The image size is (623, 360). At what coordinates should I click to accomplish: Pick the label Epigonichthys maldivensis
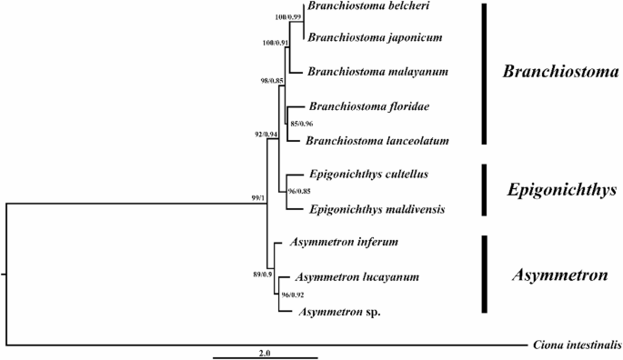[x=370, y=209]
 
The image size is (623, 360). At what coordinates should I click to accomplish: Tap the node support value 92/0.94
[x=269, y=135]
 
